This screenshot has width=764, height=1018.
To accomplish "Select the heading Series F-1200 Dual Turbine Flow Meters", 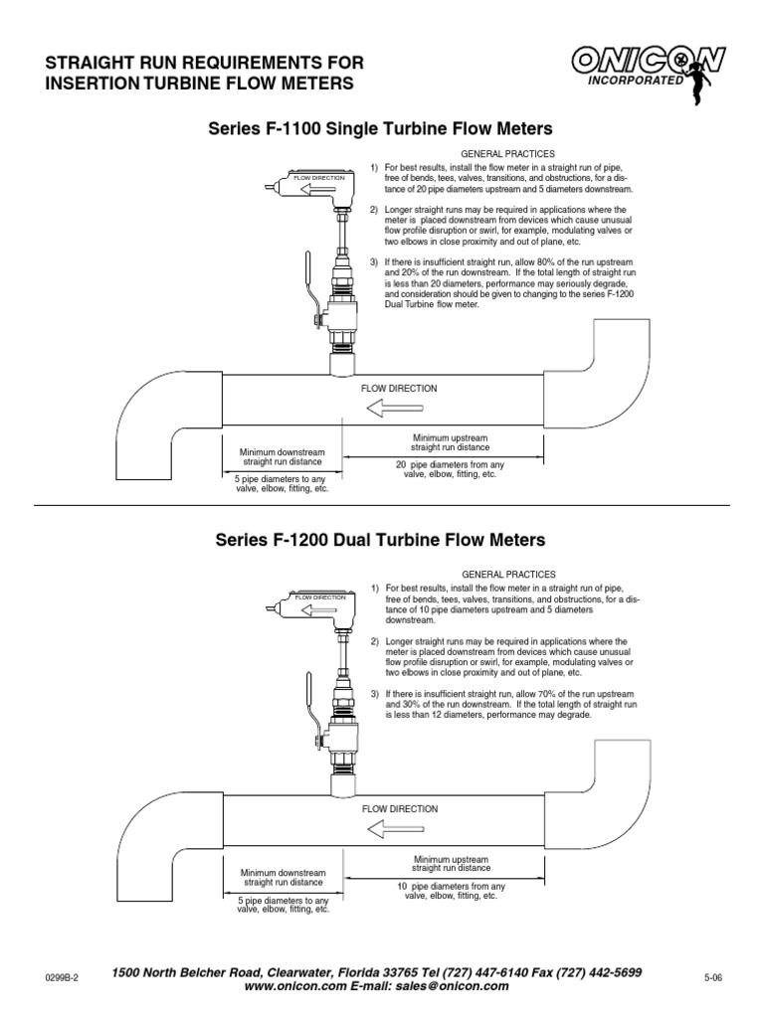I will tap(381, 541).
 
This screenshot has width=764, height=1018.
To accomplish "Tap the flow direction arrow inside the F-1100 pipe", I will tap(395, 408).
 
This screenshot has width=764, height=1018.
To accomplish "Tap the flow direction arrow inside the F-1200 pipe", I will tap(395, 829).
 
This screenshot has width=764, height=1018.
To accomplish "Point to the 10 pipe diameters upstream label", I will tap(451, 891).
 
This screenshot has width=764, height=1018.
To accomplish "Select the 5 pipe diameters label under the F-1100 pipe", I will tap(282, 483).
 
